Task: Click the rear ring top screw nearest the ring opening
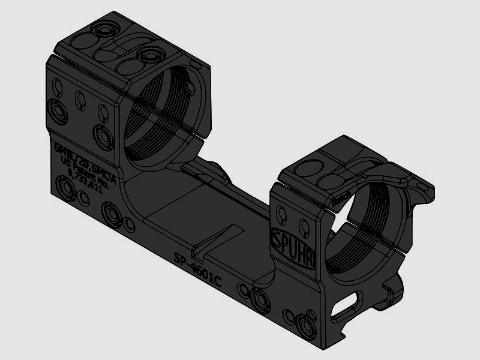pos(146,57)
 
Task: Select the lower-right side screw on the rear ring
pos(105,137)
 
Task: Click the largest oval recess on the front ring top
pos(334,181)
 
